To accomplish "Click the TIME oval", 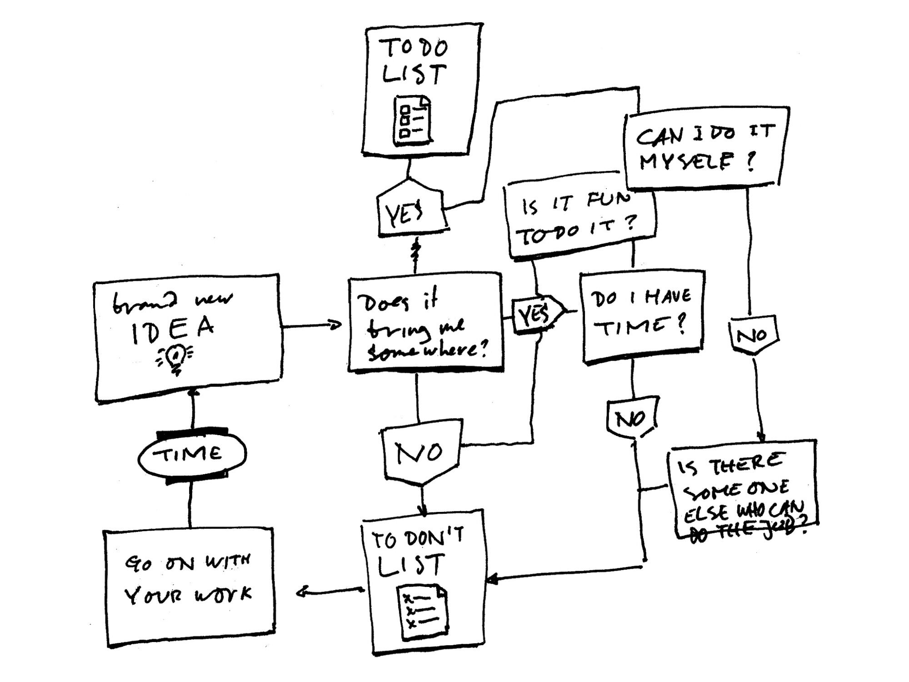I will coord(191,453).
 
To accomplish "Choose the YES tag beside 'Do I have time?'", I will coord(536,314).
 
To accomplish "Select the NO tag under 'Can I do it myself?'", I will coord(752,336).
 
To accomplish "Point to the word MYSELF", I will coord(686,161).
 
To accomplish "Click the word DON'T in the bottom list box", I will coord(434,539).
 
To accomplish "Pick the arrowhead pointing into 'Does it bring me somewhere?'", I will coord(337,325).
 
